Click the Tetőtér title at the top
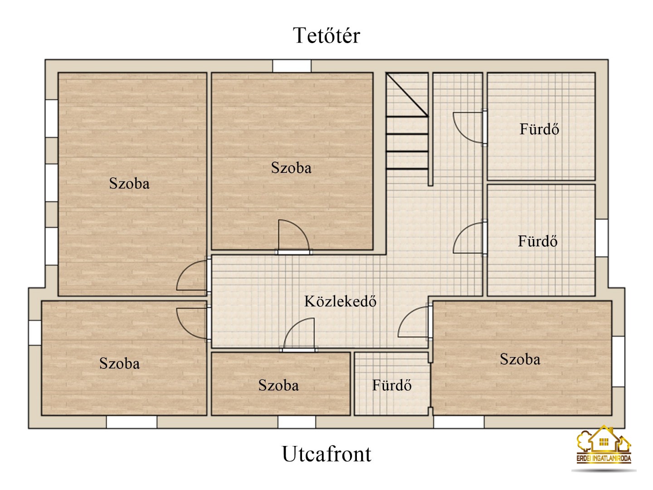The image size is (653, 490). point(326,35)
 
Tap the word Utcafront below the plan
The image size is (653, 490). point(326,454)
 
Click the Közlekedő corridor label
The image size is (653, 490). point(340,301)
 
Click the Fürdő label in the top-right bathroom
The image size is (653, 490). point(539,129)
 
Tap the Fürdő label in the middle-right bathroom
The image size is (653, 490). point(537,241)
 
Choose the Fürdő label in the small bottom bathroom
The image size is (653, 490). point(392,385)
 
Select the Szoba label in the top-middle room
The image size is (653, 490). point(291,167)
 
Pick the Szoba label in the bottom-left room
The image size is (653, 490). point(119,363)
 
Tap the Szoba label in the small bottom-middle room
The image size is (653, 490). point(278,385)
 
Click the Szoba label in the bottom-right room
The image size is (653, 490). point(520,359)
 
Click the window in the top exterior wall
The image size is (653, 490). point(292,66)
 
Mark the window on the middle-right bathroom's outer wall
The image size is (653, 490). point(602,238)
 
